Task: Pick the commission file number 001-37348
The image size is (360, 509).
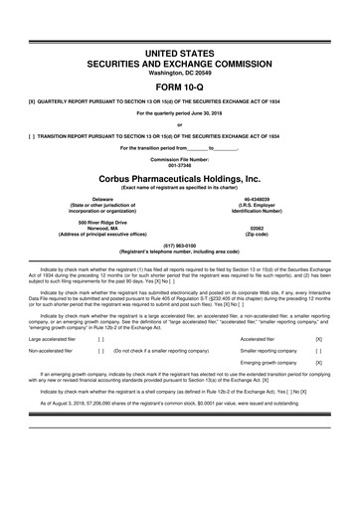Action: (x=180, y=164)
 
